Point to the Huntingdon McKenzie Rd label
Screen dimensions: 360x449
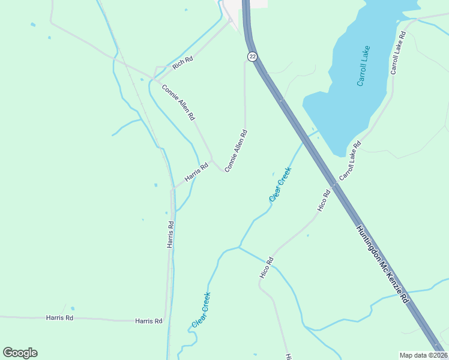(382, 264)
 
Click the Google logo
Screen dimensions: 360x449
(20, 353)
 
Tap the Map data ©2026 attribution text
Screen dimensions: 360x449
(423, 355)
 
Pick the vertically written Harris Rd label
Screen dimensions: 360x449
(170, 235)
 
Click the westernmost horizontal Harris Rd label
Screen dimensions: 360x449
(59, 317)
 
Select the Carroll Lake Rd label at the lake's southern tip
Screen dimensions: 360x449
(350, 161)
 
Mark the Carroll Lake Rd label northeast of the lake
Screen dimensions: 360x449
(398, 53)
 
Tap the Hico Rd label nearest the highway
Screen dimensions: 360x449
(324, 200)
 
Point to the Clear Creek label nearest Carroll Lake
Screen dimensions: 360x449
(280, 184)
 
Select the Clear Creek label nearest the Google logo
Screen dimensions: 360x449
(201, 310)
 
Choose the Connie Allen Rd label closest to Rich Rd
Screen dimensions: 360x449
(178, 102)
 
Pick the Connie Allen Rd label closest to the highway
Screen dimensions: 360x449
(236, 151)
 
